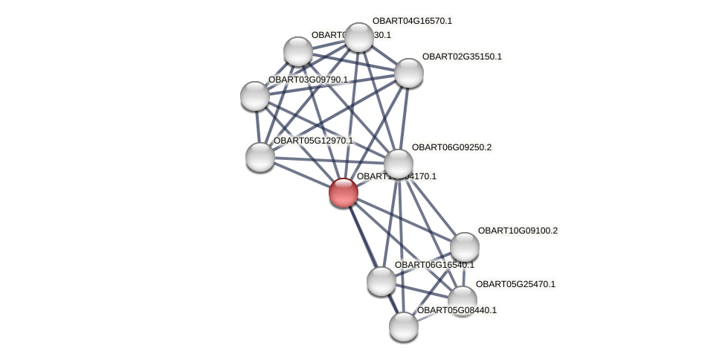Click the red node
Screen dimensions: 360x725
[344, 193]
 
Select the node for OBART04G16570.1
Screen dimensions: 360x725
[358, 37]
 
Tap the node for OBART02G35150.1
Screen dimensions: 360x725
[408, 73]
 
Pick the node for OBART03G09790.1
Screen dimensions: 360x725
[255, 96]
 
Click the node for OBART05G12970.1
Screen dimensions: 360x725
[260, 157]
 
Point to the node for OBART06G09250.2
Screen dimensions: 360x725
[399, 164]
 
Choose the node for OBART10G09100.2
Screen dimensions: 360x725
[465, 247]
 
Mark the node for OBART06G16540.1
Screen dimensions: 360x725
[381, 281]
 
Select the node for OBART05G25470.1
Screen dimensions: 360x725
[463, 300]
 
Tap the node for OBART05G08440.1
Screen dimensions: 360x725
[404, 327]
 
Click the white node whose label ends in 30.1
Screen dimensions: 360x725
[298, 51]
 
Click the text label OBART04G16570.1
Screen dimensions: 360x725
[412, 21]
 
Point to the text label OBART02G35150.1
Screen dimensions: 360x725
[462, 57]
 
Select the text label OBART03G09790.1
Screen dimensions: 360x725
[308, 80]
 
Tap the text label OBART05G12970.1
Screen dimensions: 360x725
[313, 141]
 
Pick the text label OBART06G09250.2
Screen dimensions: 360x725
[451, 147]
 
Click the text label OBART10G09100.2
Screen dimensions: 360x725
[518, 231]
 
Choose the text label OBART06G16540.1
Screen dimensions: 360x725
[434, 265]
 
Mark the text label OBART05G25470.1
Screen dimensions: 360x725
[515, 284]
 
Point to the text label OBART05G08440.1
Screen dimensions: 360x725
[457, 310]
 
